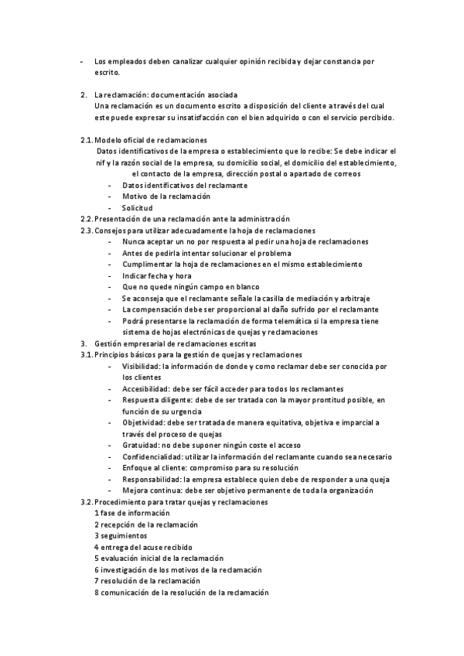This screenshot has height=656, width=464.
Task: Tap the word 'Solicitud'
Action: (137, 208)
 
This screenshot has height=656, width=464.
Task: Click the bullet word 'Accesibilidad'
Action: (147, 388)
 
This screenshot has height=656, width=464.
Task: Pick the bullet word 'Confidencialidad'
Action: (152, 456)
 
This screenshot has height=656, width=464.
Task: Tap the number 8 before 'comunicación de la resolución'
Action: (96, 592)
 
